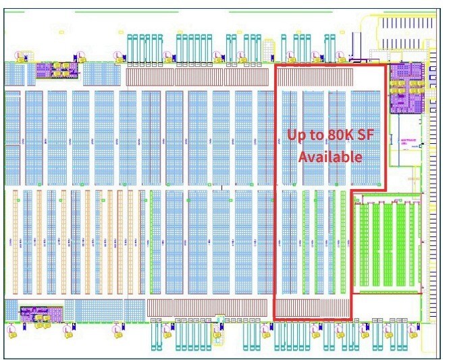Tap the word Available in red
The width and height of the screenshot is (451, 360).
point(331,157)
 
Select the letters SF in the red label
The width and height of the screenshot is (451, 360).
point(365,134)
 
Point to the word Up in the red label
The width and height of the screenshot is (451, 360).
point(296,134)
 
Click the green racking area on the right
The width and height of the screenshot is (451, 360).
point(388,245)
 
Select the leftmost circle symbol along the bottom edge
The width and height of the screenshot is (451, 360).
point(11,330)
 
